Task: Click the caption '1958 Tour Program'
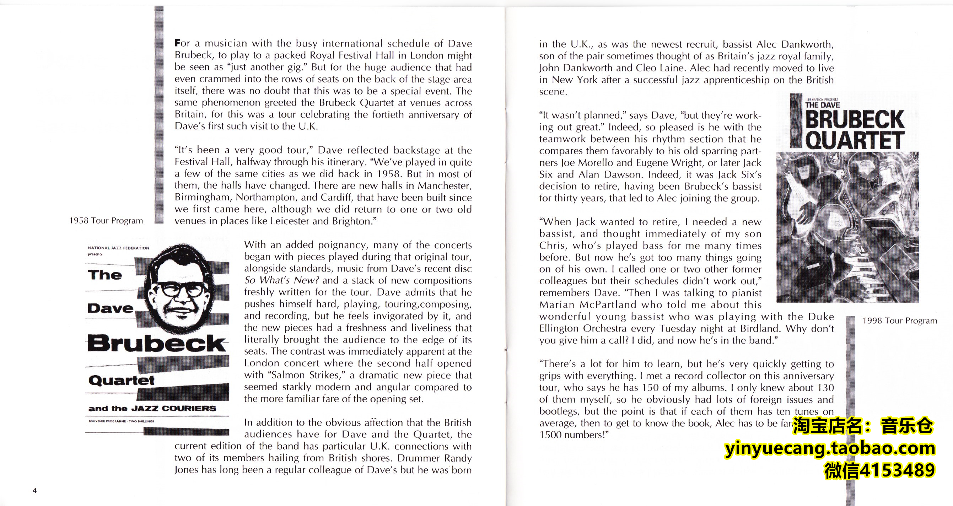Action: point(106,221)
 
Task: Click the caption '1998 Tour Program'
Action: point(900,321)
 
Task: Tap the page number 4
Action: point(35,490)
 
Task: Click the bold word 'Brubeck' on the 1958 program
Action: point(156,343)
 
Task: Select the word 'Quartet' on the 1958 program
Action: point(121,380)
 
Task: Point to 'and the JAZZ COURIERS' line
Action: point(152,408)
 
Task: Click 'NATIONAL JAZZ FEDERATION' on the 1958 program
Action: point(118,248)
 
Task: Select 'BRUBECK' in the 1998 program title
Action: point(855,119)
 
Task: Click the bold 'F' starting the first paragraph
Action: point(177,43)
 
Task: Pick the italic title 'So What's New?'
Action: point(281,280)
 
